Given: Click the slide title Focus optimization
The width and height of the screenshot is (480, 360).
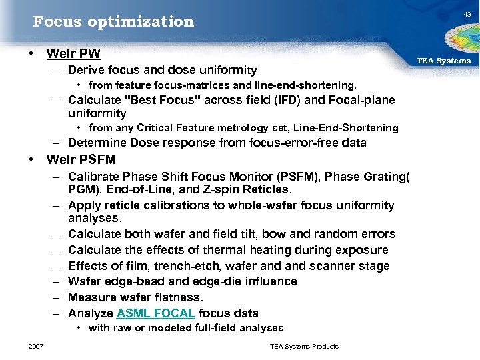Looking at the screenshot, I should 113,21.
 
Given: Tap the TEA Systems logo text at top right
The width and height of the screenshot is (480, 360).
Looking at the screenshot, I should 443,61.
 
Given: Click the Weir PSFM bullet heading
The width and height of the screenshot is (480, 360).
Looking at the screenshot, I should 81,159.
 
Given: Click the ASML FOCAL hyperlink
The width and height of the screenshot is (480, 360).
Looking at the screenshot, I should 155,313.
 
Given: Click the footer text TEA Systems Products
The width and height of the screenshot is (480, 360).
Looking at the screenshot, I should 304,346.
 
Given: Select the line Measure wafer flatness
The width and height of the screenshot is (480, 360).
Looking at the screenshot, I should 135,297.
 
